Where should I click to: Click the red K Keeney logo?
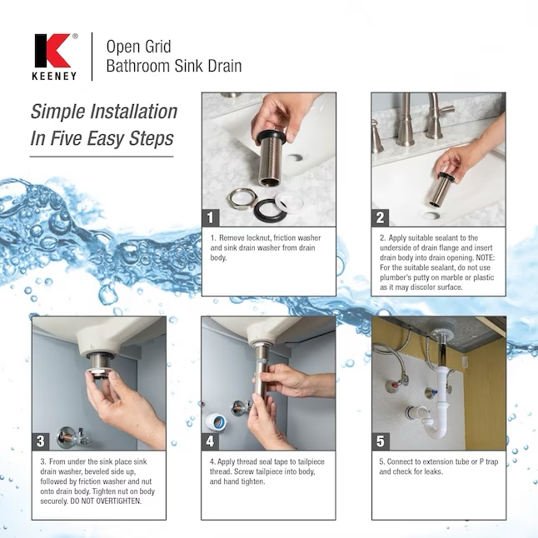coord(52,51)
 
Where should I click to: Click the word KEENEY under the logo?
coord(54,76)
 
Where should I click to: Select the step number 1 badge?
coord(211,217)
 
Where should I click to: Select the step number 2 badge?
coord(380,217)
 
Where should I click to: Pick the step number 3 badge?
coord(41,441)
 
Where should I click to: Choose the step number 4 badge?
coord(210,441)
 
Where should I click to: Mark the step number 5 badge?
coord(381,441)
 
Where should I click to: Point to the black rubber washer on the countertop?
coord(271,210)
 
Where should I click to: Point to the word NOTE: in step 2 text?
coord(486,257)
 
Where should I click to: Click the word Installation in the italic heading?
coord(134,112)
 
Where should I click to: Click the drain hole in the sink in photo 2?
coord(431,216)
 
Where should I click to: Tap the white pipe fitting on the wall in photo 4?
coord(217,422)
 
